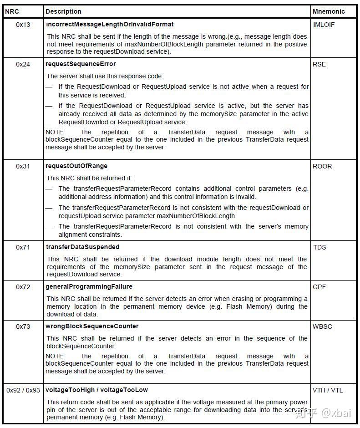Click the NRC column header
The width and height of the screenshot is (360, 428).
pos(12,11)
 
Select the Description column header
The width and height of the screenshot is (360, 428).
pos(63,11)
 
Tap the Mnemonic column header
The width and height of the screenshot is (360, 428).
pos(329,11)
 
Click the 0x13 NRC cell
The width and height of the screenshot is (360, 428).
pos(23,25)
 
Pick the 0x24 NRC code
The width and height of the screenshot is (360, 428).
pos(23,64)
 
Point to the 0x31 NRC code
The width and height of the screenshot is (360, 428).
pos(23,166)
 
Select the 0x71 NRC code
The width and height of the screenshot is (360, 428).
pos(23,247)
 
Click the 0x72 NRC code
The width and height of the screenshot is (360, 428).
pos(23,287)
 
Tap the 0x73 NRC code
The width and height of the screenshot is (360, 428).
pos(23,326)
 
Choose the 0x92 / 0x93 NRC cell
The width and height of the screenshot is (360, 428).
pos(23,390)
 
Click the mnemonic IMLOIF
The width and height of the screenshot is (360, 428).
pos(324,25)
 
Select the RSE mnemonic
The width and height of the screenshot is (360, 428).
pos(319,64)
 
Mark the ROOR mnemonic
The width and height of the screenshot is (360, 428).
pos(322,166)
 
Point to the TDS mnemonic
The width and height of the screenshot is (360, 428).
pos(319,247)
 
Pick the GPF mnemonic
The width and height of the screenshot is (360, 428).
pos(319,287)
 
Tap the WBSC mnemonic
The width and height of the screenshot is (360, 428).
pos(322,326)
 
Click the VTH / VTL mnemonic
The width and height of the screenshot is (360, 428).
pos(328,390)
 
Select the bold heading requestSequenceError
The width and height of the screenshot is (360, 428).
pos(81,64)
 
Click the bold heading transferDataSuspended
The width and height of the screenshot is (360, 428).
pos(82,247)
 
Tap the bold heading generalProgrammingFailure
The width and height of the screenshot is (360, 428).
pos(89,286)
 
